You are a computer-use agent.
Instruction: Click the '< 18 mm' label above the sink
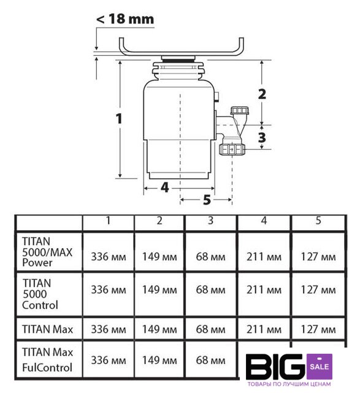[x=125, y=19]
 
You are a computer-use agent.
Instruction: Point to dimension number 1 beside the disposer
[x=119, y=119]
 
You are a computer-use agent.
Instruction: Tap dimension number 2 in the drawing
[x=262, y=94]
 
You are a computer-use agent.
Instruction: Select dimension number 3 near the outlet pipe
[x=262, y=138]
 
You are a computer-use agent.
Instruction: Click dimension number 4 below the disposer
[x=165, y=188]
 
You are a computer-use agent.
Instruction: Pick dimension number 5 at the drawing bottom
[x=207, y=200]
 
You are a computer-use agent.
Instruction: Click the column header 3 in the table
[x=210, y=220]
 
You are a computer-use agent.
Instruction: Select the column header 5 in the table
[x=318, y=220]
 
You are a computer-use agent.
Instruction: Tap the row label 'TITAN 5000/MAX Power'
[x=47, y=252]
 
